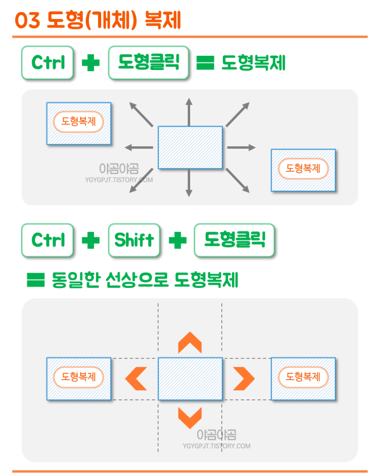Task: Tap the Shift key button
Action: [134, 240]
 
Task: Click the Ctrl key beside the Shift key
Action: [48, 240]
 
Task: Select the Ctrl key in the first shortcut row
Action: [48, 62]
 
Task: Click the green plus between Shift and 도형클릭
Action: [177, 240]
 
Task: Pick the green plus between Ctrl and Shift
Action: [90, 240]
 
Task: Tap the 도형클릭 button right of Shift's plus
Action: [234, 240]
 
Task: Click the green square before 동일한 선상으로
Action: [35, 280]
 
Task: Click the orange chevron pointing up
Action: [190, 343]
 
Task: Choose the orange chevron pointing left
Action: [136, 378]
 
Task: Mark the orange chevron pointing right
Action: [244, 378]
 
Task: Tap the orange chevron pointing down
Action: [190, 417]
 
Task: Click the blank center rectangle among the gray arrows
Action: [190, 147]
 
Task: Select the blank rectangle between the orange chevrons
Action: [190, 378]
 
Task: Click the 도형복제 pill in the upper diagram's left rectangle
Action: [79, 122]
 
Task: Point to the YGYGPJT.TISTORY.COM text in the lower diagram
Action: [217, 446]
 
